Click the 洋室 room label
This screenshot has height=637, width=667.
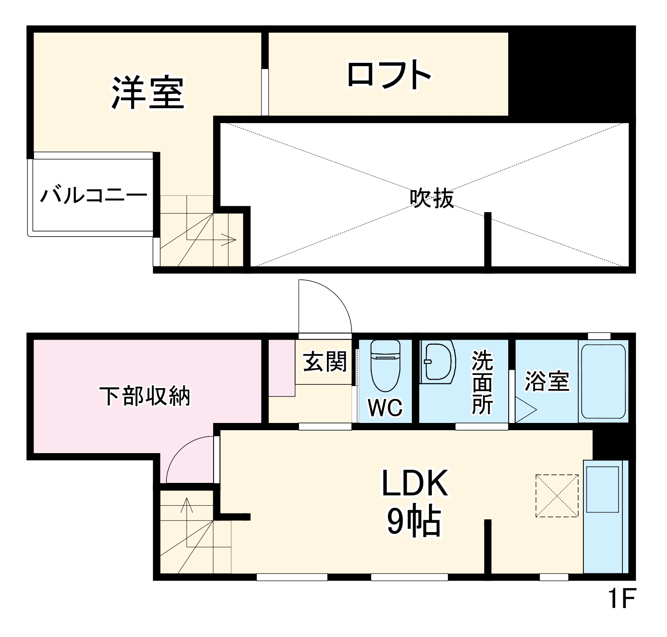[x=147, y=93]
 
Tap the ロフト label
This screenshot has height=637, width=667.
[x=388, y=75]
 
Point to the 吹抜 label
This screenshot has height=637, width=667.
[x=431, y=198]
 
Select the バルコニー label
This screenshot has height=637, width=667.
[x=93, y=196]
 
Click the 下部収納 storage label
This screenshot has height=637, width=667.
[x=145, y=396]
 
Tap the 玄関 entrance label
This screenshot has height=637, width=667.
[x=325, y=362]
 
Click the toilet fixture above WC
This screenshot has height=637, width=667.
[x=385, y=365]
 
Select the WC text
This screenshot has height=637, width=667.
[x=385, y=408]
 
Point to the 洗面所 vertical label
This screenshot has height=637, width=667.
[x=482, y=382]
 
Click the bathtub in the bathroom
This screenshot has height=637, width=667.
[x=603, y=381]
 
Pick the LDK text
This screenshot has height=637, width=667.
[x=414, y=484]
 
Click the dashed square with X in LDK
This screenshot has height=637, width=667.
[x=557, y=496]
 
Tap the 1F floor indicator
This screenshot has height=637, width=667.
[x=622, y=599]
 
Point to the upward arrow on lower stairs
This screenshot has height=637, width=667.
[x=186, y=505]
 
